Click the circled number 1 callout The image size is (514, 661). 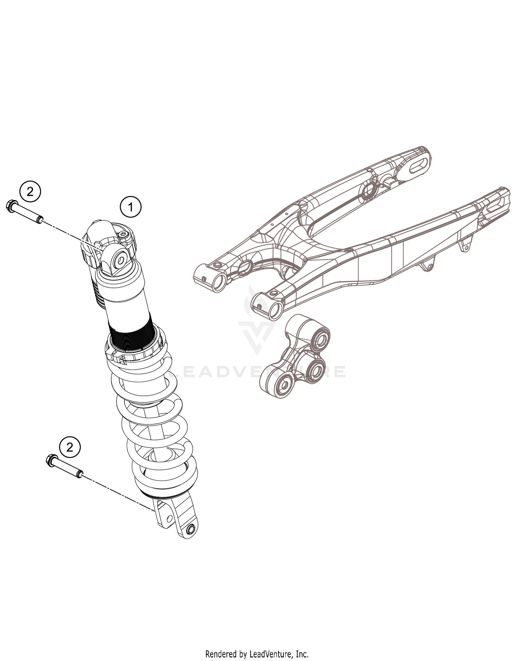(x=130, y=207)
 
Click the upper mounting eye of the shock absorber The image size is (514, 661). (x=121, y=260)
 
